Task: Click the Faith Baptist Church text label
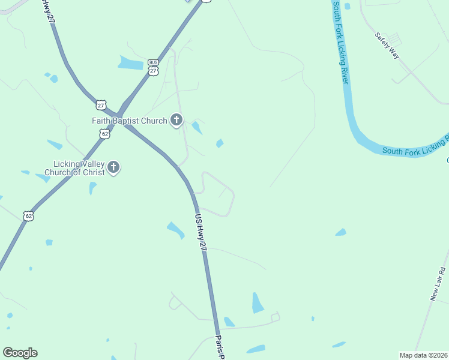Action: (129, 121)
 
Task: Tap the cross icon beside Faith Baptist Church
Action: (176, 120)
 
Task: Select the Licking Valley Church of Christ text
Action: (79, 168)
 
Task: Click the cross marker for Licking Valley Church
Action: (113, 168)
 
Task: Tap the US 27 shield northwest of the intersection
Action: (100, 105)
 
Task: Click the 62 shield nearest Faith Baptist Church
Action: (105, 134)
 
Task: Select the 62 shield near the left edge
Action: (28, 215)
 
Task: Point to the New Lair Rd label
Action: (438, 283)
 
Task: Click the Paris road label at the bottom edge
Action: (220, 346)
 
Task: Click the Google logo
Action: (20, 353)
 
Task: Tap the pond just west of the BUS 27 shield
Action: (131, 62)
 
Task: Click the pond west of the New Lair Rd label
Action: (341, 232)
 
